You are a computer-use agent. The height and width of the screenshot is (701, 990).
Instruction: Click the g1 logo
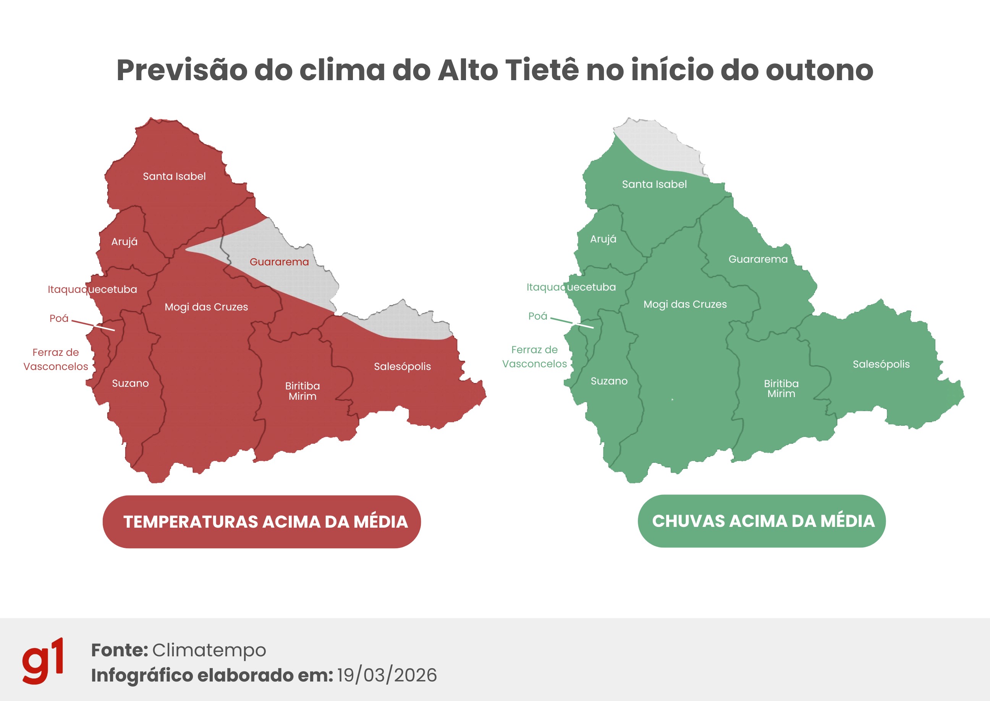[x=43, y=661]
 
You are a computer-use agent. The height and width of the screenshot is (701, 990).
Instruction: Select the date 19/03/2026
[x=387, y=675]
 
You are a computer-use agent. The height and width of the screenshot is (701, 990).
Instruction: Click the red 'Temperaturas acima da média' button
[x=261, y=522]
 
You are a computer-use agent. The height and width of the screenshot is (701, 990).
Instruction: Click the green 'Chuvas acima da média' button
[x=761, y=521]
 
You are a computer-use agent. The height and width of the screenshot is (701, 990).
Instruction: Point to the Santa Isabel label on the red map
[x=174, y=176]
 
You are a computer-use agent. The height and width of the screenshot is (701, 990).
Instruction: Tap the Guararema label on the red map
[x=279, y=262]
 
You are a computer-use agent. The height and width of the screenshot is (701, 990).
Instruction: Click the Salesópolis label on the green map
[x=881, y=364]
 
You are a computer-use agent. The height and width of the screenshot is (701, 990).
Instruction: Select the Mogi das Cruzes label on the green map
[x=685, y=304]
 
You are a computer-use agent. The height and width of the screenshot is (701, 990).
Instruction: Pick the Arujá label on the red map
[x=125, y=242]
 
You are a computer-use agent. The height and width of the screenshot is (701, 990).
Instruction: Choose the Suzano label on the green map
[x=609, y=381]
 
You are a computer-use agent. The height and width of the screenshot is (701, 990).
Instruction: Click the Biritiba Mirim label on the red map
[x=302, y=391]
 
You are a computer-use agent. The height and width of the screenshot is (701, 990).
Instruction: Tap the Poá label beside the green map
[x=537, y=317]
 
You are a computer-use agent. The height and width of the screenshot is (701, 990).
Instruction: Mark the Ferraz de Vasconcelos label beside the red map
[x=56, y=360]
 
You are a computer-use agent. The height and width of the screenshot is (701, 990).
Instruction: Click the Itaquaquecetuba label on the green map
[x=571, y=288]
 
